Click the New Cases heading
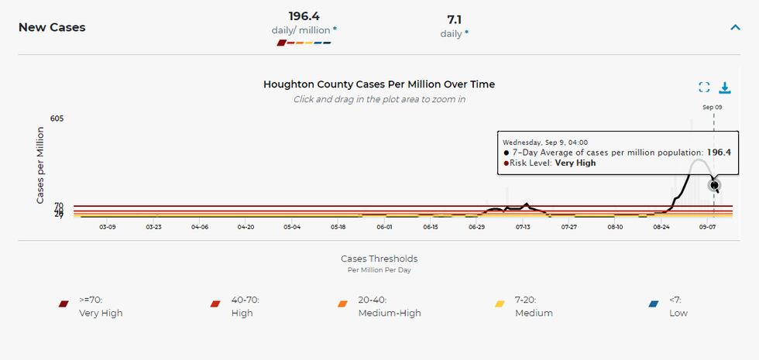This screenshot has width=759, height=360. pos(52,27)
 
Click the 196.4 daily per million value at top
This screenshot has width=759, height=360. pos(304,16)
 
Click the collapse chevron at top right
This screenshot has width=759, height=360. pos(735,27)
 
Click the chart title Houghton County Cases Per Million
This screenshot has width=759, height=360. pos(379,84)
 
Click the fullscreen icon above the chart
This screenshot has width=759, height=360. pos(704,87)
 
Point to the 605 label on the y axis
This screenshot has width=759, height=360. pos(57,118)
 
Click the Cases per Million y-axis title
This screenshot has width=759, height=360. pos(40,165)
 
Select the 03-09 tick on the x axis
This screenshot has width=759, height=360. pos(108,228)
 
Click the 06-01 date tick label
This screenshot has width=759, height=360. pos(384,228)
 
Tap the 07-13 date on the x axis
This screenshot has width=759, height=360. pos(523,228)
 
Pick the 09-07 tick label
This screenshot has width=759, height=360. pos(707,228)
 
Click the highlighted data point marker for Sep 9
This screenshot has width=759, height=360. pos(714,185)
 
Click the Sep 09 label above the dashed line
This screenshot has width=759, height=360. pos(713,108)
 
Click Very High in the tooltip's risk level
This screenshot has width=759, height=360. pos(575,163)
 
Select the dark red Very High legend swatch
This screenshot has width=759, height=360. pos(64,303)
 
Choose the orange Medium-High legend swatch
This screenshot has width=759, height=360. pos(343,303)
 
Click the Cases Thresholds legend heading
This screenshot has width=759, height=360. pos(379,259)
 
